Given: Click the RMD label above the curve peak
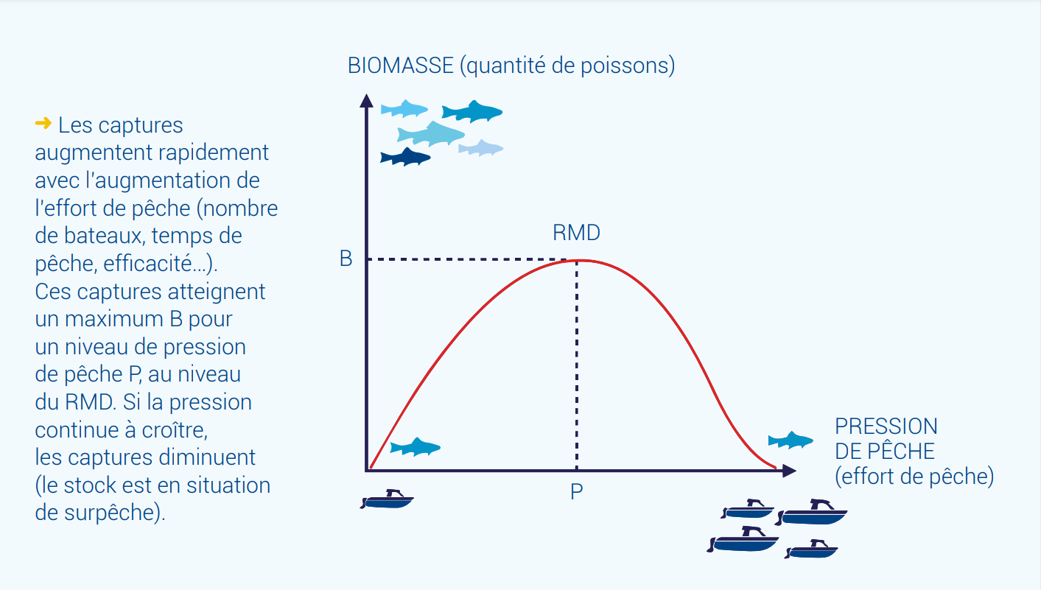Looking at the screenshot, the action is [576, 232].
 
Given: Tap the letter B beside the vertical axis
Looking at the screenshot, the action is [346, 259].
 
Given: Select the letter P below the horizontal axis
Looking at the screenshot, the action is [576, 491].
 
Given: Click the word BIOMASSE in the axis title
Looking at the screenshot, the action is [401, 65].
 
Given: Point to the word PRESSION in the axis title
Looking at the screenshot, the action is [886, 426].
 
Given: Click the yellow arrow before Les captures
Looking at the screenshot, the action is [43, 123].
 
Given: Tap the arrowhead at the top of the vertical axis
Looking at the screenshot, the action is [367, 100].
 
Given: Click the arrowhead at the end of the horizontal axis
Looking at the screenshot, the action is [789, 471].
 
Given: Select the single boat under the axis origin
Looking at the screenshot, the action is [387, 499].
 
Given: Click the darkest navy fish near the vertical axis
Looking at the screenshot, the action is [405, 157].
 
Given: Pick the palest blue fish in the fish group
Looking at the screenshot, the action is [480, 148].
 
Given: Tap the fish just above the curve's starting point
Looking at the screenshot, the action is [415, 447].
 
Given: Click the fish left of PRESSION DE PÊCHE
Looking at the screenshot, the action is [791, 440].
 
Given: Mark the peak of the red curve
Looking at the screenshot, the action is [579, 261].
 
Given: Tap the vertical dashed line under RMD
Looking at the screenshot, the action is [577, 365].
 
